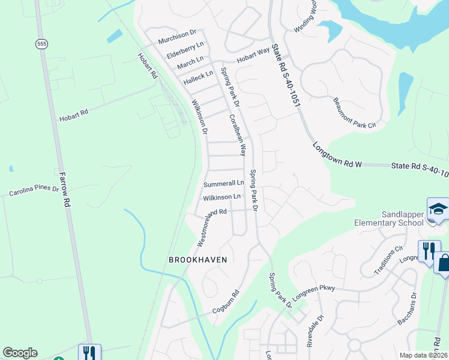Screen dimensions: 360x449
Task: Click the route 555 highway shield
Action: pos(41,44)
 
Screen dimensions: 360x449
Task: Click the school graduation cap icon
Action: pos(438,209)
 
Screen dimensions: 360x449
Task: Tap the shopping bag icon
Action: pos(444,263)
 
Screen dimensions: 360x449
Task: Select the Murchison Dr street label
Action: pos(177,37)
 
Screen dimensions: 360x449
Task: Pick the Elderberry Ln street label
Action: pos(184,50)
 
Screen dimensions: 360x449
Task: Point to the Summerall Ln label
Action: pos(223,184)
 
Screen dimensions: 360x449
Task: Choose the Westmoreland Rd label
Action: pos(211,227)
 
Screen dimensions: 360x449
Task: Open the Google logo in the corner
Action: pos(20,353)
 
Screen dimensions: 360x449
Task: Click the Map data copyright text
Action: pos(423,355)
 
